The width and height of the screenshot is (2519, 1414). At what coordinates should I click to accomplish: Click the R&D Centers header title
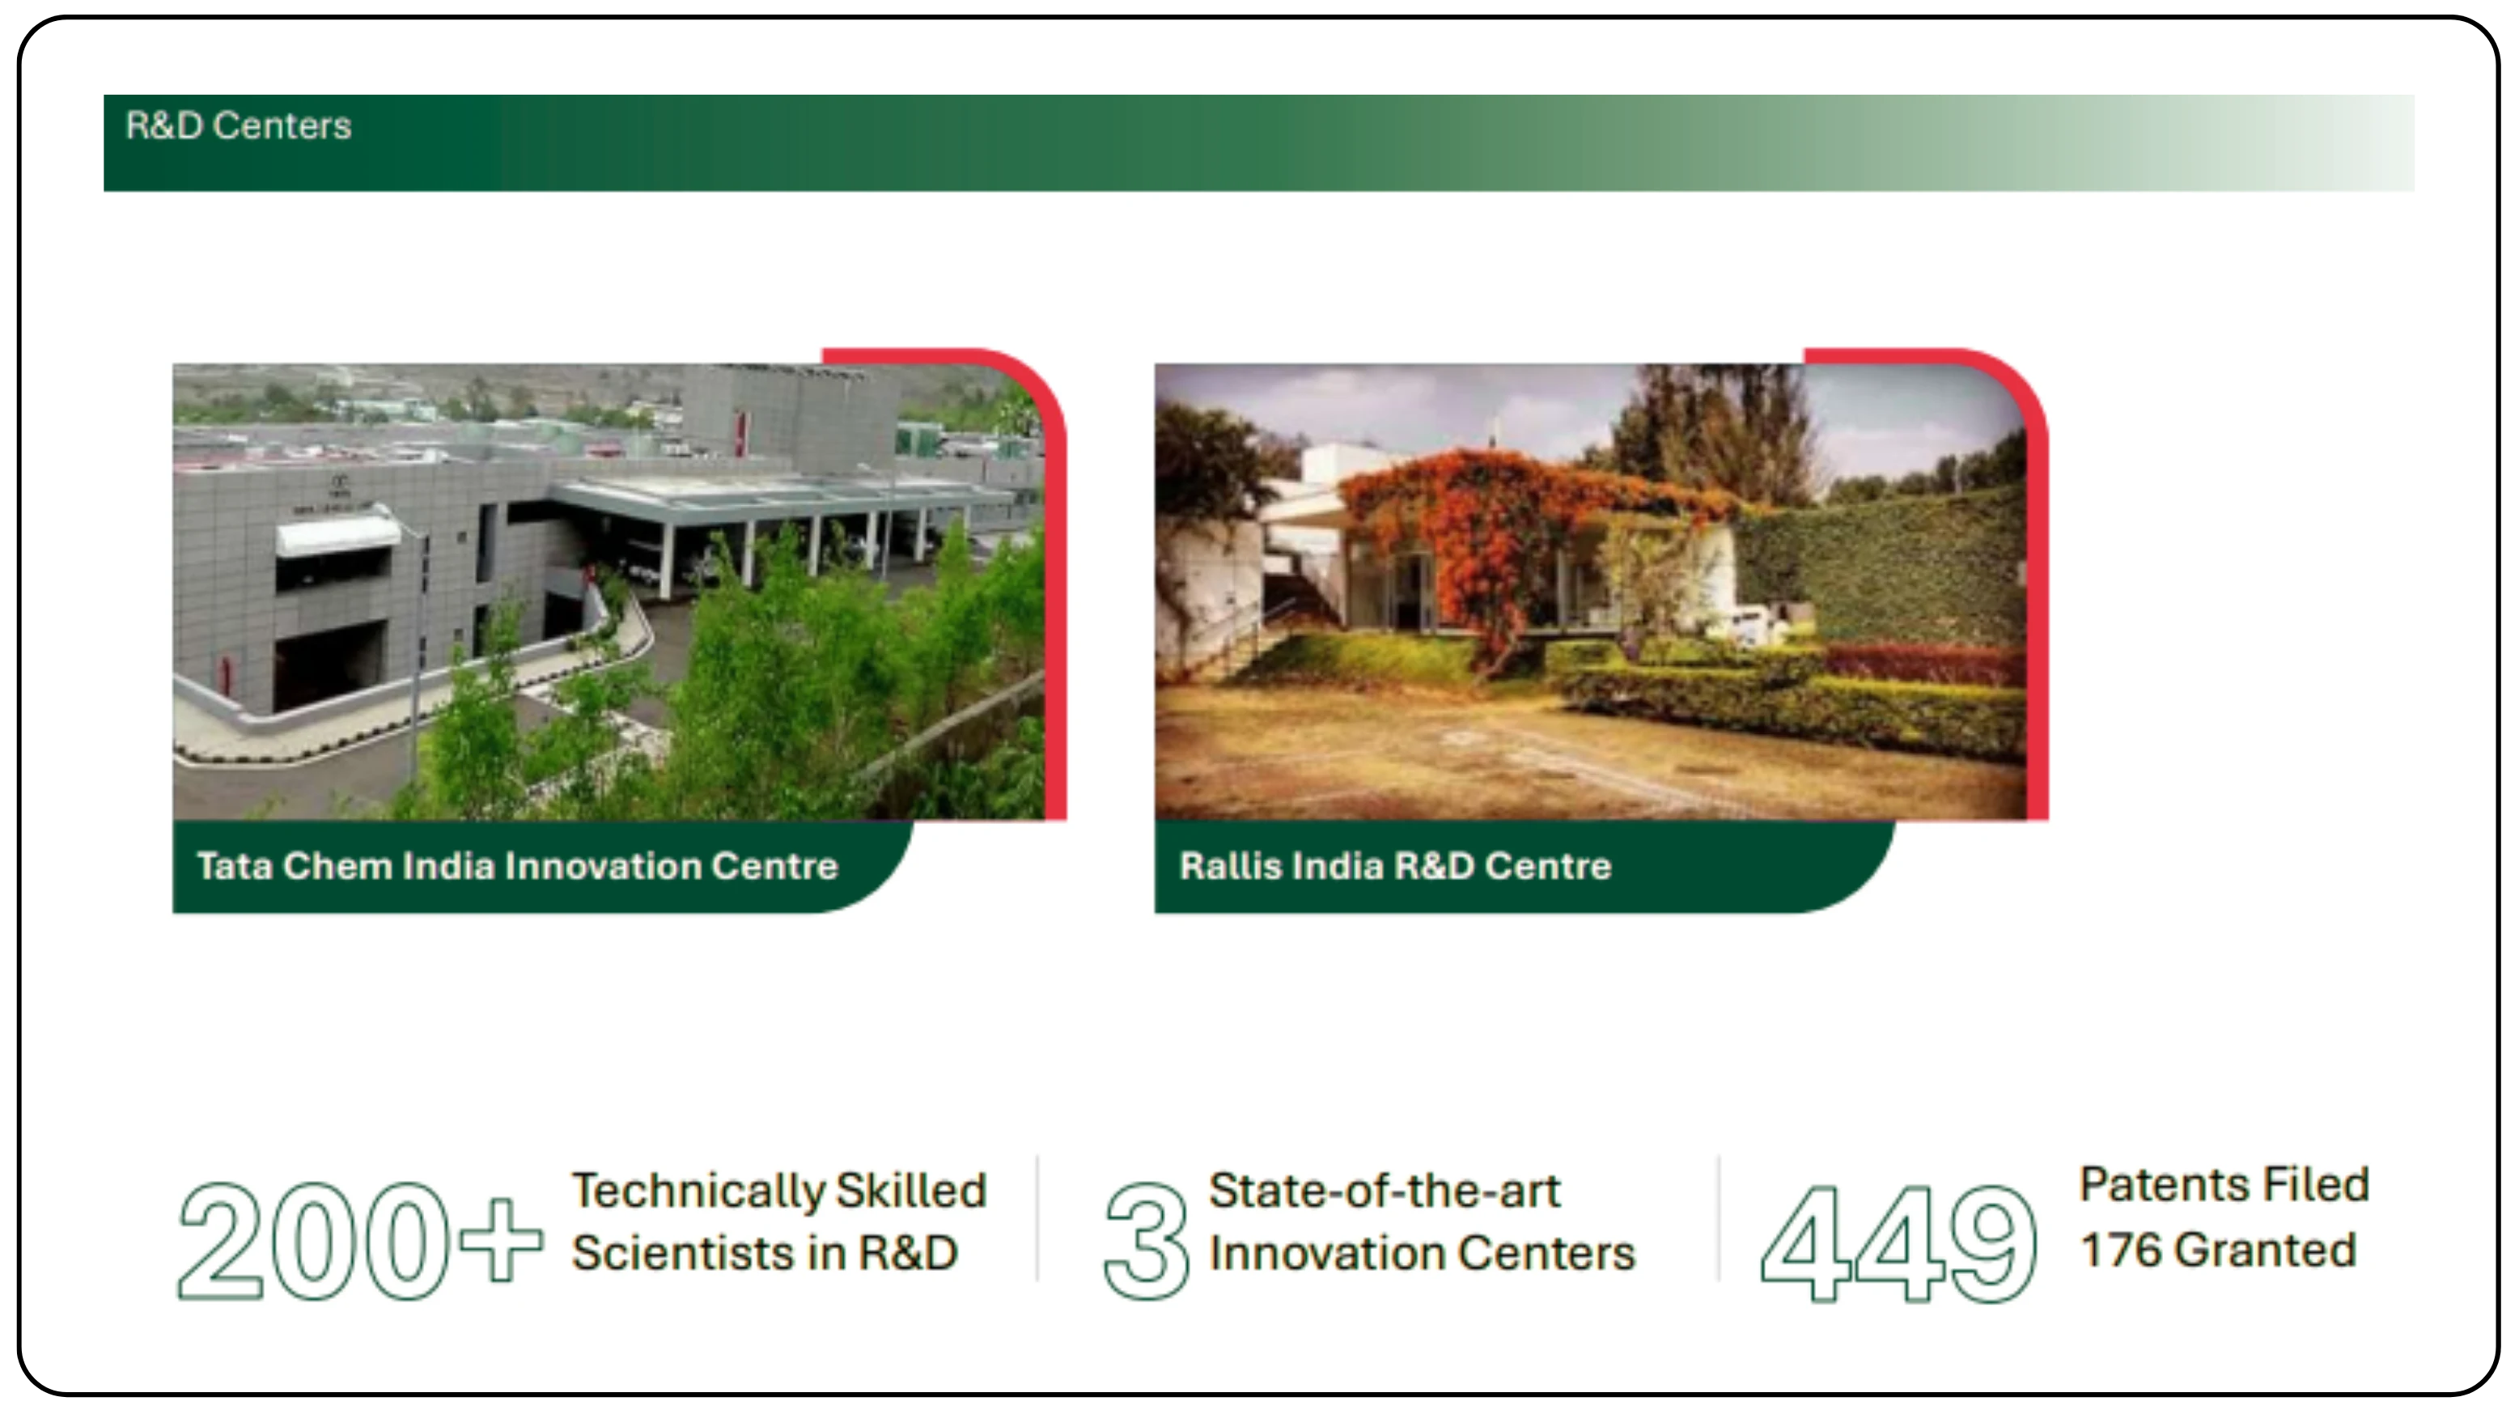[x=238, y=125]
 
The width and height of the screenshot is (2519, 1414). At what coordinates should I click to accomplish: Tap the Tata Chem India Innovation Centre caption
[x=517, y=865]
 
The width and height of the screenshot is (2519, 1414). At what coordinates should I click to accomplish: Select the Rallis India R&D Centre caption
[x=1395, y=865]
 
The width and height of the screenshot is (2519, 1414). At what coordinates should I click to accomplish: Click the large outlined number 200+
[x=359, y=1241]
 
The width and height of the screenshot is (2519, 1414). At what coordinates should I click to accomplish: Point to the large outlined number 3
[x=1146, y=1241]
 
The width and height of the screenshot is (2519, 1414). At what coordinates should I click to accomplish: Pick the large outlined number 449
[x=1899, y=1242]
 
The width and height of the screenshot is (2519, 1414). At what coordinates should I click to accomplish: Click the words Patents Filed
[x=2224, y=1184]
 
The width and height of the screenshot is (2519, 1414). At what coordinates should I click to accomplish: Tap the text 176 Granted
[x=2218, y=1250]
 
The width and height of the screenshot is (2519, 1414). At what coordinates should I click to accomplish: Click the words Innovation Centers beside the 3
[x=1422, y=1253]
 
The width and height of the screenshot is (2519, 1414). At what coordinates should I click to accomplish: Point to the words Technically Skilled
[x=779, y=1191]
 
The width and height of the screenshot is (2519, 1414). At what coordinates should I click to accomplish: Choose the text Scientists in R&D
[x=765, y=1253]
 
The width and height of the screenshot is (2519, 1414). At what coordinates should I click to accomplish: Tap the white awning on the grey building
[x=337, y=536]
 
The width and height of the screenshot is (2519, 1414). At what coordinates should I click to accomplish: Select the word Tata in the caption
[x=235, y=865]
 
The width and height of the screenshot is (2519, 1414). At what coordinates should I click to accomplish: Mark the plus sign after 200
[x=501, y=1240]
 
